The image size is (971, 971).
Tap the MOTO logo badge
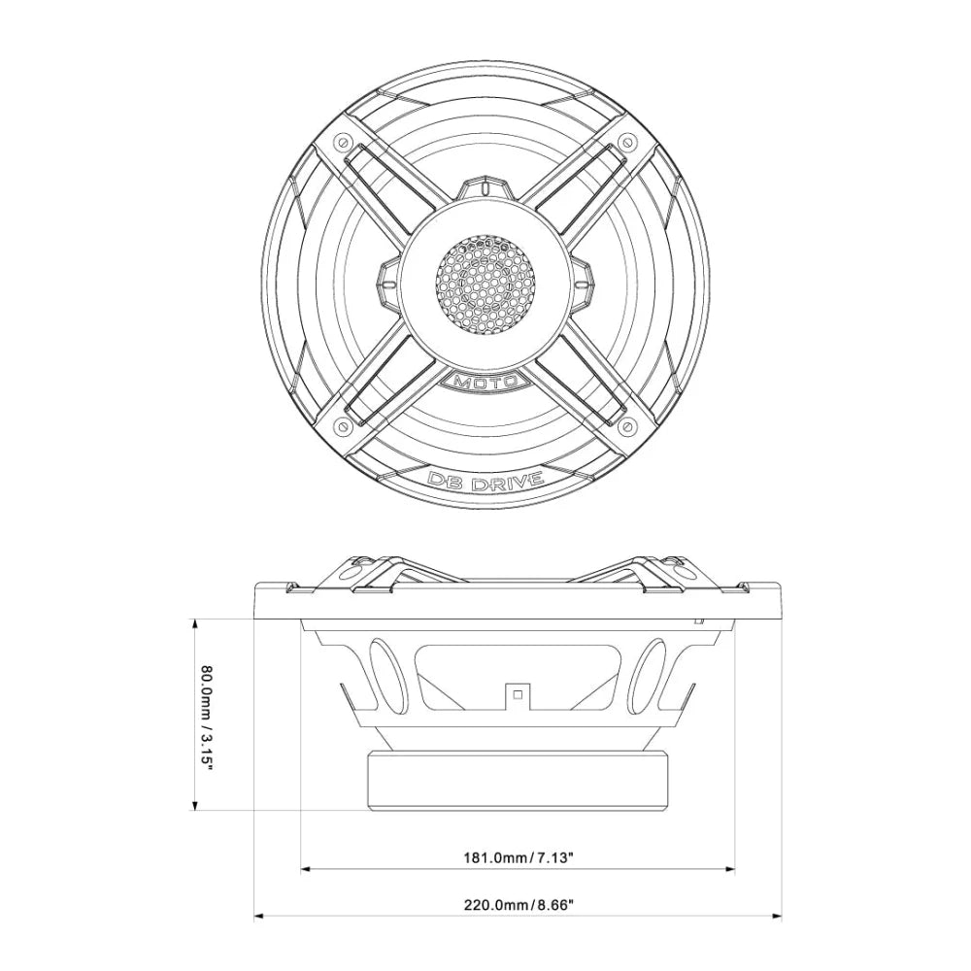(x=485, y=381)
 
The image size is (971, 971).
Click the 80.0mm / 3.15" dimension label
(x=206, y=716)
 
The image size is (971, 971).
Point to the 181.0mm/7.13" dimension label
(x=519, y=858)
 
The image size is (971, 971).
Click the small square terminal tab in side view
(x=518, y=693)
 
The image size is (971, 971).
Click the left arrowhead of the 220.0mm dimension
(x=259, y=914)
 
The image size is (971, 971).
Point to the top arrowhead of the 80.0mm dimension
(x=197, y=623)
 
